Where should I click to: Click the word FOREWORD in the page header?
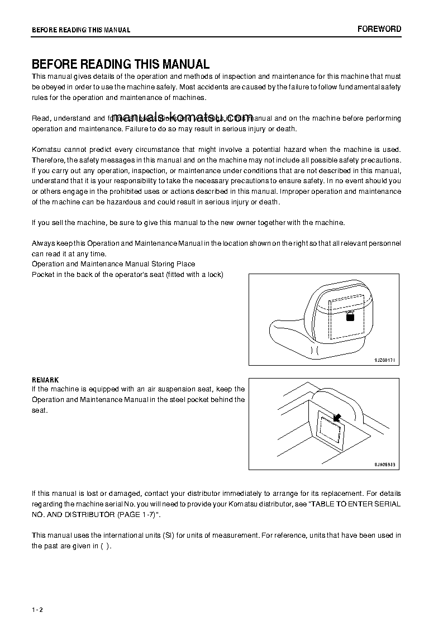(379, 29)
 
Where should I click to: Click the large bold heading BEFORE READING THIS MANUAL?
(121, 64)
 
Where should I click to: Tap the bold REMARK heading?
(45, 380)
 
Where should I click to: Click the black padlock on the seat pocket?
(350, 317)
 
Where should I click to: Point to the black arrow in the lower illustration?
(337, 417)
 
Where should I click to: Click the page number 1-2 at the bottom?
(37, 608)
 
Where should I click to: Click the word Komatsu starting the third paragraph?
(46, 149)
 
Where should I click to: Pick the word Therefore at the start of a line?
(47, 160)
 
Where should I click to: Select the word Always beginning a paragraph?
(42, 243)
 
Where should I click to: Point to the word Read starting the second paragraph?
(40, 118)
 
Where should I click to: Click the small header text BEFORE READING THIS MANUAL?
(81, 30)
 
